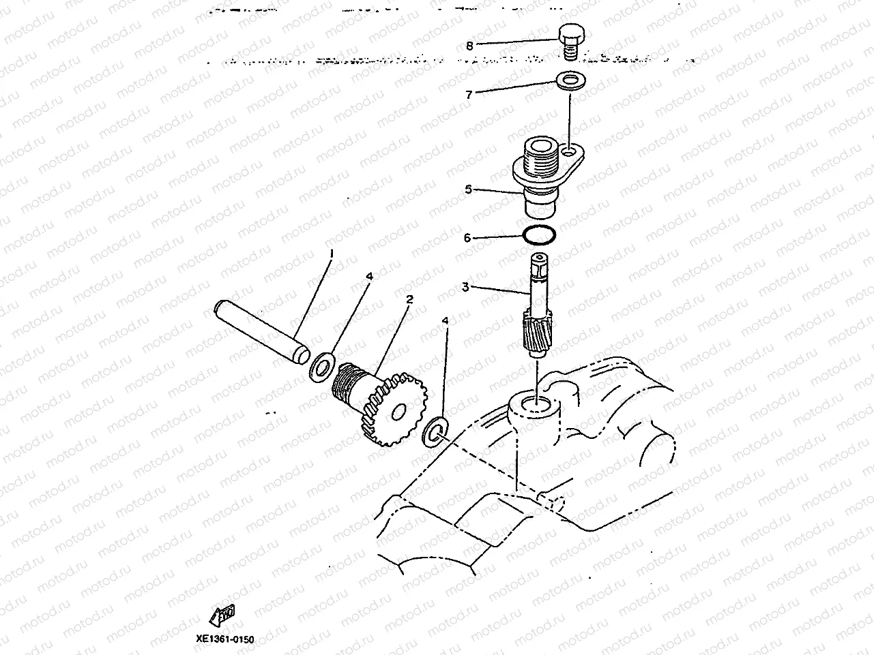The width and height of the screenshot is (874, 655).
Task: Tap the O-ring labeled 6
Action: point(539,235)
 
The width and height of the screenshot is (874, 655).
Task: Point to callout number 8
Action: point(469,46)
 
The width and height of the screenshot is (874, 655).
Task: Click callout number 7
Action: point(469,95)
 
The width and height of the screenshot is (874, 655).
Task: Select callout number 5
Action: point(468,189)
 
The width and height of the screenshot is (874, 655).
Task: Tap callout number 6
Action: point(467,238)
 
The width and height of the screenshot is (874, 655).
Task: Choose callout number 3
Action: point(465,288)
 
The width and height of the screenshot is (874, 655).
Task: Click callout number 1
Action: point(332,253)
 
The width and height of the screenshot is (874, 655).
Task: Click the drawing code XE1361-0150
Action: point(224,639)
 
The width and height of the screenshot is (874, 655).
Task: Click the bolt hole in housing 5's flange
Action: point(570,151)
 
